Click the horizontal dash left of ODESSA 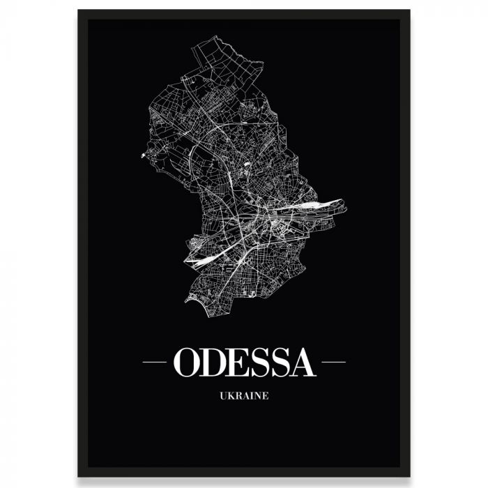point(154,363)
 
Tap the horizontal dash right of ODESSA point(333,363)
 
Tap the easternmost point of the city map point(346,206)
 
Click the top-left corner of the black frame point(79,11)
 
